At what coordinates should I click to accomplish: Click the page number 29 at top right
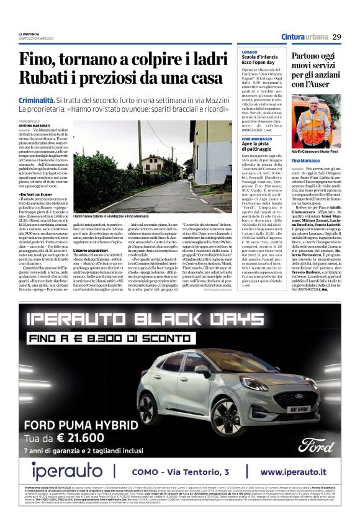click(336, 36)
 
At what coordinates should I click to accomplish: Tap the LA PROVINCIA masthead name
click(29, 34)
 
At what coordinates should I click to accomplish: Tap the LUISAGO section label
click(249, 52)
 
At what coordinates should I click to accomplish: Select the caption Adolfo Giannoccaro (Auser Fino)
click(315, 152)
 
